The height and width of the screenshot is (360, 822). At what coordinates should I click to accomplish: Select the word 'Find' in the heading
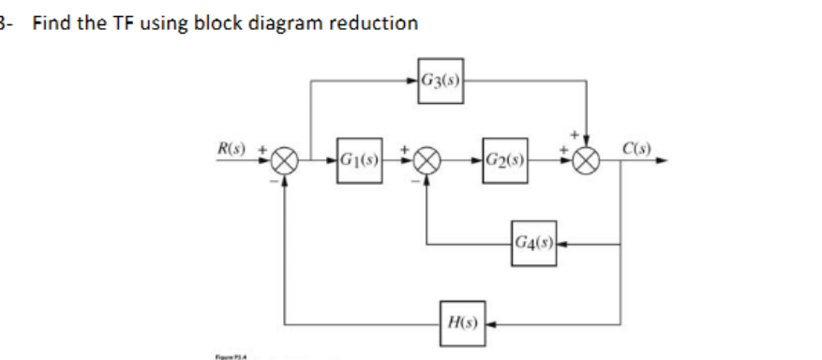coord(51,23)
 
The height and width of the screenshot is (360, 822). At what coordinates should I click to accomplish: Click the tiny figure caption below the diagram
coord(224,355)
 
